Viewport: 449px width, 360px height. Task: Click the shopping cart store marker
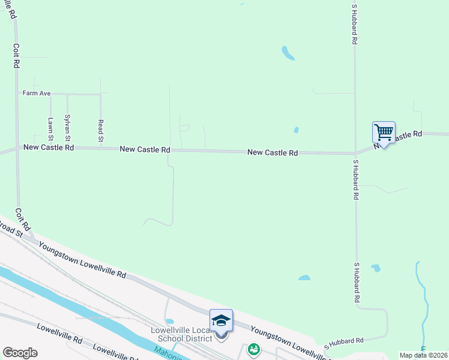pyautogui.click(x=384, y=132)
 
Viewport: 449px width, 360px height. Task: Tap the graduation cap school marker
pyautogui.click(x=221, y=320)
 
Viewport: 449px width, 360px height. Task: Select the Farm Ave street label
pyautogui.click(x=37, y=93)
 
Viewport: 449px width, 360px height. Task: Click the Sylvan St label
pyautogui.click(x=67, y=125)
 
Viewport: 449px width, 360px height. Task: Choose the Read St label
pyautogui.click(x=100, y=131)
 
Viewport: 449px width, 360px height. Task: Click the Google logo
pyautogui.click(x=20, y=353)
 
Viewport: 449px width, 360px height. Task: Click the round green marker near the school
pyautogui.click(x=254, y=349)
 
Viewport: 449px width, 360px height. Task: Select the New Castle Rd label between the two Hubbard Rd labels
pyautogui.click(x=273, y=153)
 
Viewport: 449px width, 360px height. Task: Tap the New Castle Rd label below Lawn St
pyautogui.click(x=48, y=147)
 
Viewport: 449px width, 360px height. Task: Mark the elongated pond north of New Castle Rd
pyautogui.click(x=288, y=53)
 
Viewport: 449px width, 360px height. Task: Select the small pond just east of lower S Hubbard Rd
pyautogui.click(x=376, y=268)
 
